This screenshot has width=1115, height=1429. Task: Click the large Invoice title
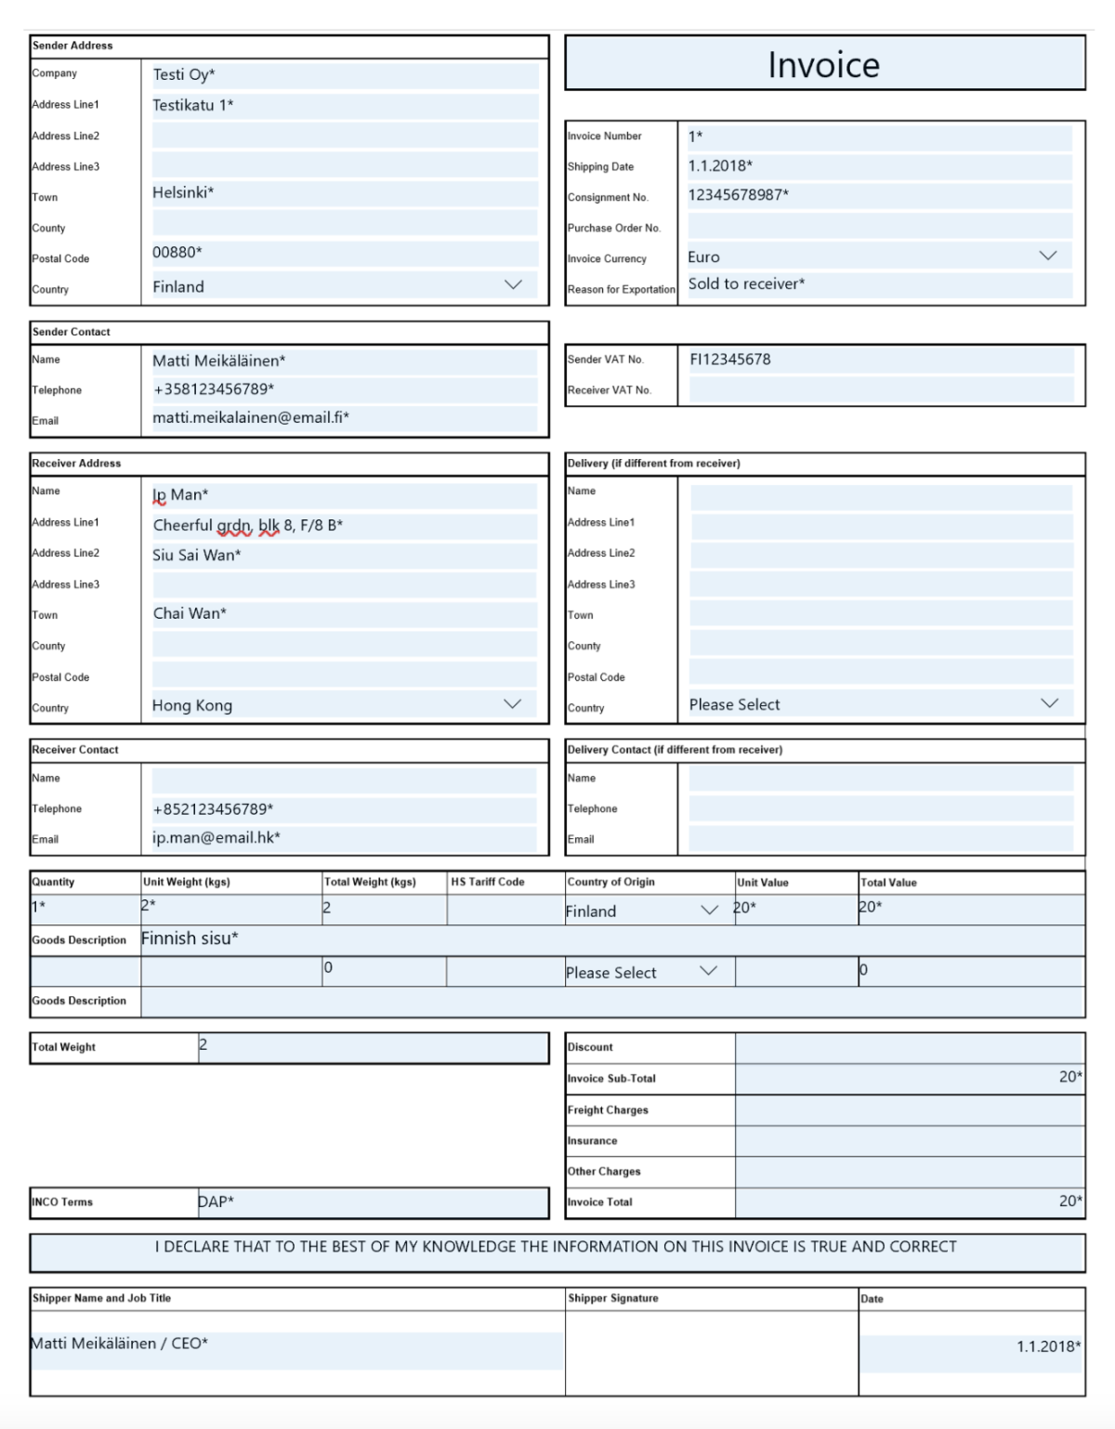coord(823,65)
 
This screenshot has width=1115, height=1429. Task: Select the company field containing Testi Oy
coord(184,75)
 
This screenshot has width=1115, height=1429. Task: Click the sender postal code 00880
coord(177,253)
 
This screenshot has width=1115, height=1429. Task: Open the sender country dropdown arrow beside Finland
coord(513,285)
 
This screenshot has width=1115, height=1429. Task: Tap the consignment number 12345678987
coord(738,195)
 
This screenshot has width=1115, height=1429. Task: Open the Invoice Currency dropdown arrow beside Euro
coord(1048,256)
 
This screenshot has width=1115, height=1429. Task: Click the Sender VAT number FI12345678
coord(730,360)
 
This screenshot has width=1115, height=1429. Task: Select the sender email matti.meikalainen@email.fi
coord(251,418)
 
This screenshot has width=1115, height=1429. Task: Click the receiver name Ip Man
coord(180,495)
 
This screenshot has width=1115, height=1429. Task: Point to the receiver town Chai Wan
coord(190,614)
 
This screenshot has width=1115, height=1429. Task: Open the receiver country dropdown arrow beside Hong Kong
coord(512,704)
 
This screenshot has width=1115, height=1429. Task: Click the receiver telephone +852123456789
coord(213,809)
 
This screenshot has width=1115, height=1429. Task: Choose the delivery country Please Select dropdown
coord(873,704)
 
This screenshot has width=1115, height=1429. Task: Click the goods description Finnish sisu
coord(190,938)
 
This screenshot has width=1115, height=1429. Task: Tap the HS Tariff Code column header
coord(488,882)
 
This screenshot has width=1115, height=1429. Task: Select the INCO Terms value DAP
coord(216,1202)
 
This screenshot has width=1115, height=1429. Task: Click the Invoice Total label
coord(600,1202)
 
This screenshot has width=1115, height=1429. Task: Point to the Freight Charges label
coord(608,1110)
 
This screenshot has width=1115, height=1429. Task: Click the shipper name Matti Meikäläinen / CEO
coord(120,1344)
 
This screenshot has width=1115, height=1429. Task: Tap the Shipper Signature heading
coord(613,1298)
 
